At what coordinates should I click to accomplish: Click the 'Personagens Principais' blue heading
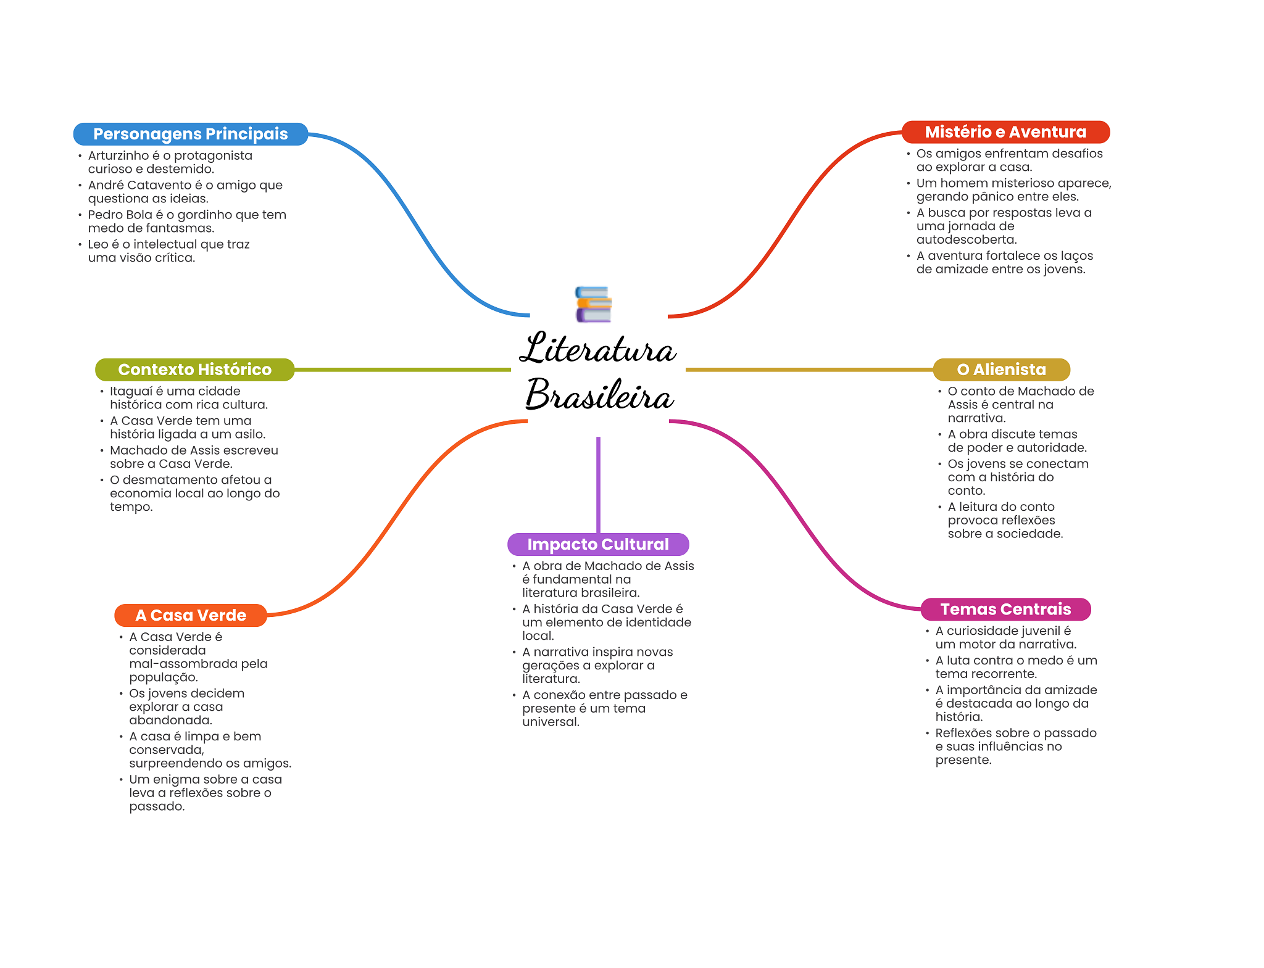[x=190, y=134]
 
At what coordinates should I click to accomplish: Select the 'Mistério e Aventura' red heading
[x=1005, y=132]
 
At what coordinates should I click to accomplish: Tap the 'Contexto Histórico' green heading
[x=194, y=370]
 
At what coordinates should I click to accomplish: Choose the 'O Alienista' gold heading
[x=1001, y=370]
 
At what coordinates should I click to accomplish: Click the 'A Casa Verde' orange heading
[x=190, y=615]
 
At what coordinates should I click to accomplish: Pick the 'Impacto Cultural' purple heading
[x=597, y=544]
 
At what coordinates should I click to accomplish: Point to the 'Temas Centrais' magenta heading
[x=1005, y=609]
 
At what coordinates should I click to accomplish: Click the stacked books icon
[x=593, y=304]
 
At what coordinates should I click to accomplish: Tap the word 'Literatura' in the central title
[x=597, y=349]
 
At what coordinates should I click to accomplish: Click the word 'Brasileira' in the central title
[x=599, y=395]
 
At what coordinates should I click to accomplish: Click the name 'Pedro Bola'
[x=120, y=215]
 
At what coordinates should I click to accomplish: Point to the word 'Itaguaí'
[x=131, y=391]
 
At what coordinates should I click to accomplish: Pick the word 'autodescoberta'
[x=967, y=239]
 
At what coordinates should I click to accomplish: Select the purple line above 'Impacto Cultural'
[x=598, y=484]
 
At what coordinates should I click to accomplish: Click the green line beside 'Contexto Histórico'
[x=401, y=370]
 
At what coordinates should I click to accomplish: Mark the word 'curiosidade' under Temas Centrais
[x=981, y=631]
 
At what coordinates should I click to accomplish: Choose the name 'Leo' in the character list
[x=98, y=244]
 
